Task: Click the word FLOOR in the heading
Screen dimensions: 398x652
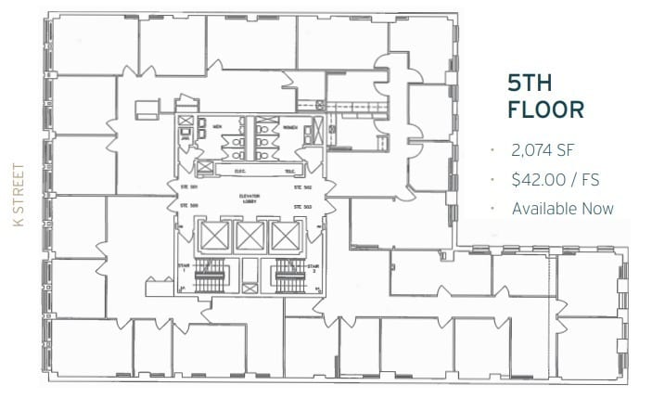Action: (545, 109)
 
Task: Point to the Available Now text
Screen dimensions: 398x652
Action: (562, 208)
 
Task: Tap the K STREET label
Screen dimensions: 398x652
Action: (17, 199)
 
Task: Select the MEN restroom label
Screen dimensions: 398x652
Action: (219, 126)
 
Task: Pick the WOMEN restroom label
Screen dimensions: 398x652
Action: (289, 126)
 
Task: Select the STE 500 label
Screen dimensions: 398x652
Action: (188, 206)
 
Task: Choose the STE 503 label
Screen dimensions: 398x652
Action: (302, 206)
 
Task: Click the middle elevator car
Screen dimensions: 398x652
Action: (251, 236)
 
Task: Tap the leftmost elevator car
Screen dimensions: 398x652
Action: (214, 236)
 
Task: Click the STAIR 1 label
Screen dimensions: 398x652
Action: (184, 269)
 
